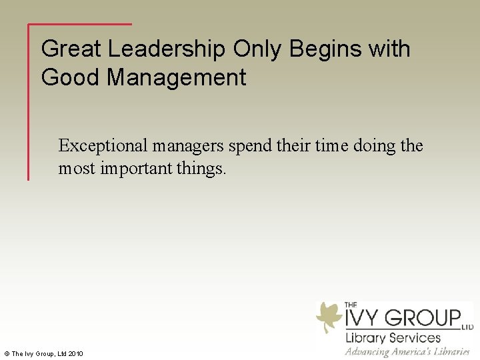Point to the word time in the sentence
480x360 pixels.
335,146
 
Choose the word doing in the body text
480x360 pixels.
378,146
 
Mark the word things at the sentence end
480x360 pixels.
202,169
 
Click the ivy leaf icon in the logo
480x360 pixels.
329,317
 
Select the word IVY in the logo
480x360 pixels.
364,317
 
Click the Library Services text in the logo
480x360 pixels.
393,337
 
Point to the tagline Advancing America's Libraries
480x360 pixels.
407,351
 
